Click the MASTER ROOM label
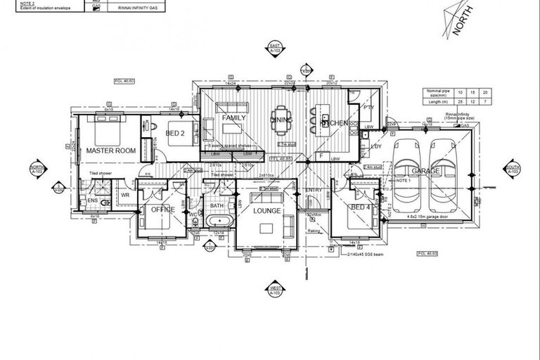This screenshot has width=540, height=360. (110, 150)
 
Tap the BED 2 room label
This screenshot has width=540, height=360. (174, 134)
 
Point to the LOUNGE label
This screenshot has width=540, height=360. (266, 211)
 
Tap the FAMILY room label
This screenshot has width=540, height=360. (233, 119)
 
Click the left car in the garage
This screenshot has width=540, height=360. (407, 168)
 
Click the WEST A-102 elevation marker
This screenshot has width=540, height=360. (274, 288)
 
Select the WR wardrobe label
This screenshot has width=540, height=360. (125, 195)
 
